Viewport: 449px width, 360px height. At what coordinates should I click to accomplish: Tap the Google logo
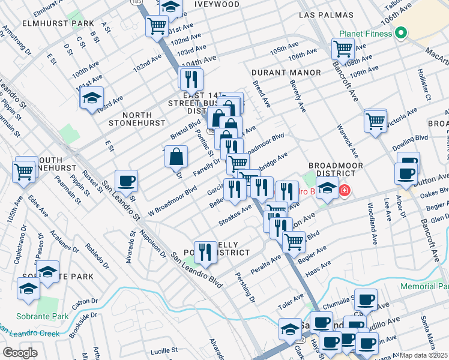20,353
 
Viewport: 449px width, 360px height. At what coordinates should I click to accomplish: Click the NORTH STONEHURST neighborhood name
136,118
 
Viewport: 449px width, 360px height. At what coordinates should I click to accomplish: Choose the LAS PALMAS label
324,14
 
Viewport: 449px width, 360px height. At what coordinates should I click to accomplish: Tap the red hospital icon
345,191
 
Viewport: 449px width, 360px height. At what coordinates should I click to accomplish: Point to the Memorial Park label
425,286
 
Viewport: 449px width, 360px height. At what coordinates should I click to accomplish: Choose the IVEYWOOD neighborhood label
217,4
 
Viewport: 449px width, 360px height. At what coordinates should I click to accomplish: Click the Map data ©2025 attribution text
424,355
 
